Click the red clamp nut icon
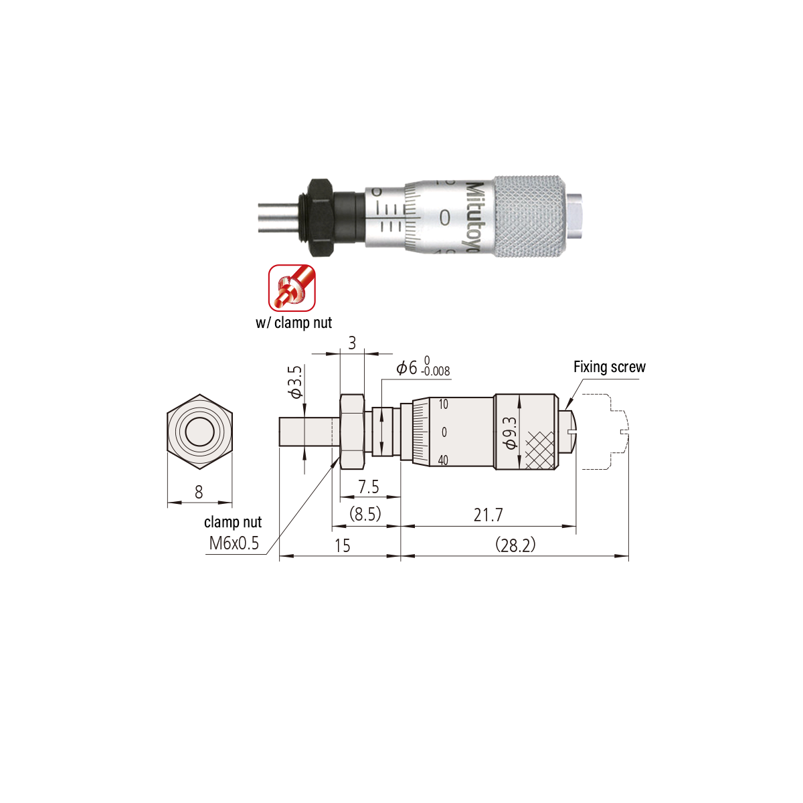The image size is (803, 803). [x=292, y=288]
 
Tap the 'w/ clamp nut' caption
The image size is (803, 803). [x=294, y=323]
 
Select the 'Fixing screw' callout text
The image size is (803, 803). [x=609, y=367]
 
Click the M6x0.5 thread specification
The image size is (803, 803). [x=234, y=543]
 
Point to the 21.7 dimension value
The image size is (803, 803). [x=488, y=515]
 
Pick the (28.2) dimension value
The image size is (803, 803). [x=515, y=545]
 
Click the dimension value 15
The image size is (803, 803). [x=343, y=546]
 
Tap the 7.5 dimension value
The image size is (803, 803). [x=368, y=486]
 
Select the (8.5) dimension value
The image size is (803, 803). [x=365, y=514]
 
